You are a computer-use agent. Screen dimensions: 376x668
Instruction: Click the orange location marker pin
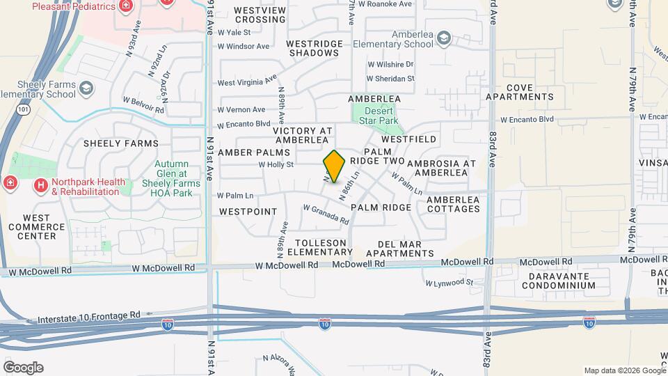tap(334, 166)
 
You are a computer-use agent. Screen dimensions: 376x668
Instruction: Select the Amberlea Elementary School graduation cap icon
tap(445, 38)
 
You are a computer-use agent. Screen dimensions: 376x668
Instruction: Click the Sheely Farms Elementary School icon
tap(85, 88)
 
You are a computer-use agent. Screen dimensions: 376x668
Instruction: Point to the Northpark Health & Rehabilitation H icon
tap(41, 186)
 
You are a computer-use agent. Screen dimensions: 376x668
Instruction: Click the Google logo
tap(23, 368)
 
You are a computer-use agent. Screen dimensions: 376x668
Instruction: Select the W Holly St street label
tap(276, 165)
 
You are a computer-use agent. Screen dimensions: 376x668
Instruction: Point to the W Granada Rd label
tap(326, 214)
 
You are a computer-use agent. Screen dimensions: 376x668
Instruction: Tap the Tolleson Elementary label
tap(317, 247)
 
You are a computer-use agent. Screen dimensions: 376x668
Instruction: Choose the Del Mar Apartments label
tap(405, 249)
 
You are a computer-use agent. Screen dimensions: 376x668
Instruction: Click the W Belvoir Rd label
tap(143, 110)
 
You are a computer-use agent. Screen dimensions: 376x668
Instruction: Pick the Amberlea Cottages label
tap(454, 204)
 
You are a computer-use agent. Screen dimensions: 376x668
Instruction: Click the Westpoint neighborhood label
tap(248, 211)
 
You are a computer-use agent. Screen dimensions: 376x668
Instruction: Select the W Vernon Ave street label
tap(241, 109)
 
